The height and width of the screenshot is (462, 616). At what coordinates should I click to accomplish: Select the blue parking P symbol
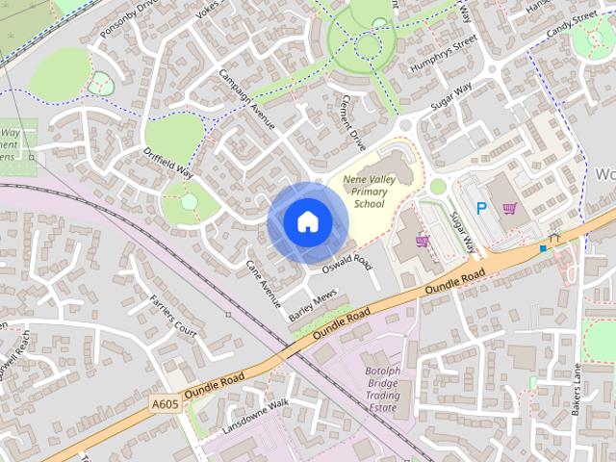tap(481, 207)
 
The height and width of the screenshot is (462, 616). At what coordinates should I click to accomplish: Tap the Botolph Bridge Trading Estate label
tap(380, 390)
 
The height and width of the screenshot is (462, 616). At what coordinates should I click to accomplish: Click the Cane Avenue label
tap(261, 276)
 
